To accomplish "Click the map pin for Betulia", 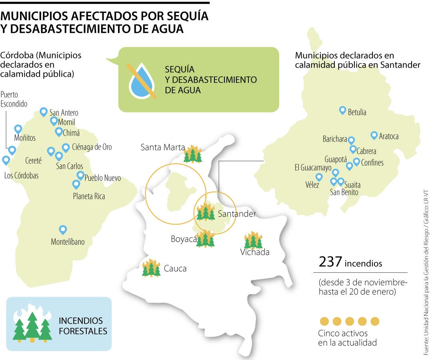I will (342, 110).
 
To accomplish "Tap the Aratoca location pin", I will (374, 136).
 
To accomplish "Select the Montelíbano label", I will (68, 242).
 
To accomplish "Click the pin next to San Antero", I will (44, 112).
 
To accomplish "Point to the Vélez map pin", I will (319, 177).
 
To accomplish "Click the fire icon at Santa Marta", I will (193, 154).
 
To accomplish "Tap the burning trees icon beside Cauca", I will (151, 268).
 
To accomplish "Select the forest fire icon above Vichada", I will (253, 240).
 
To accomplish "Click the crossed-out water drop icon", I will (142, 80).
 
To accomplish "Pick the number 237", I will (330, 262).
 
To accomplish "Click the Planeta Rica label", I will (89, 196).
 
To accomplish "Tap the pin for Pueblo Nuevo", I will (80, 175).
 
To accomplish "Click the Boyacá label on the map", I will (184, 239).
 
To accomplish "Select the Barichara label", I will (334, 139).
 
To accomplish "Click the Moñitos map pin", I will (18, 129).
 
